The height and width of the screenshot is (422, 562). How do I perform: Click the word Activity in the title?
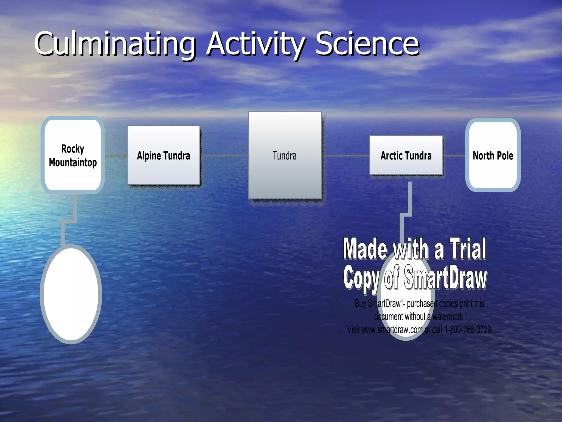click(255, 44)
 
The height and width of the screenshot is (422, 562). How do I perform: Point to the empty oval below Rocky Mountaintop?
click(71, 294)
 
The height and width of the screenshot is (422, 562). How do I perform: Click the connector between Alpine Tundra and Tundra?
click(224, 156)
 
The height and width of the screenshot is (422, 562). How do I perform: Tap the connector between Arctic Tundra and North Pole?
click(454, 156)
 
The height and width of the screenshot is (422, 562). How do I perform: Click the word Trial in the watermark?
click(468, 249)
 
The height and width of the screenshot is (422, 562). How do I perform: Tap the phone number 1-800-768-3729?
click(468, 329)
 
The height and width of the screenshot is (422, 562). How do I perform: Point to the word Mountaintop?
click(73, 162)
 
